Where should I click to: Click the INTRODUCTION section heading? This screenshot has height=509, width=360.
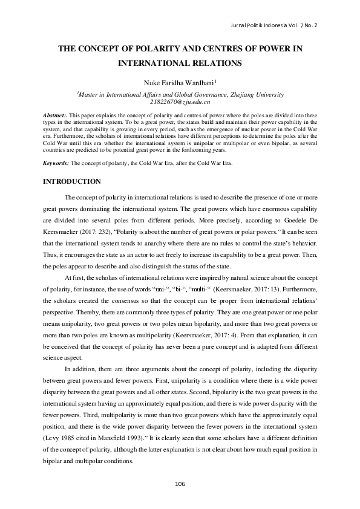tap(70, 181)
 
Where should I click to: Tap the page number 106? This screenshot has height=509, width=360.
tap(180, 483)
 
